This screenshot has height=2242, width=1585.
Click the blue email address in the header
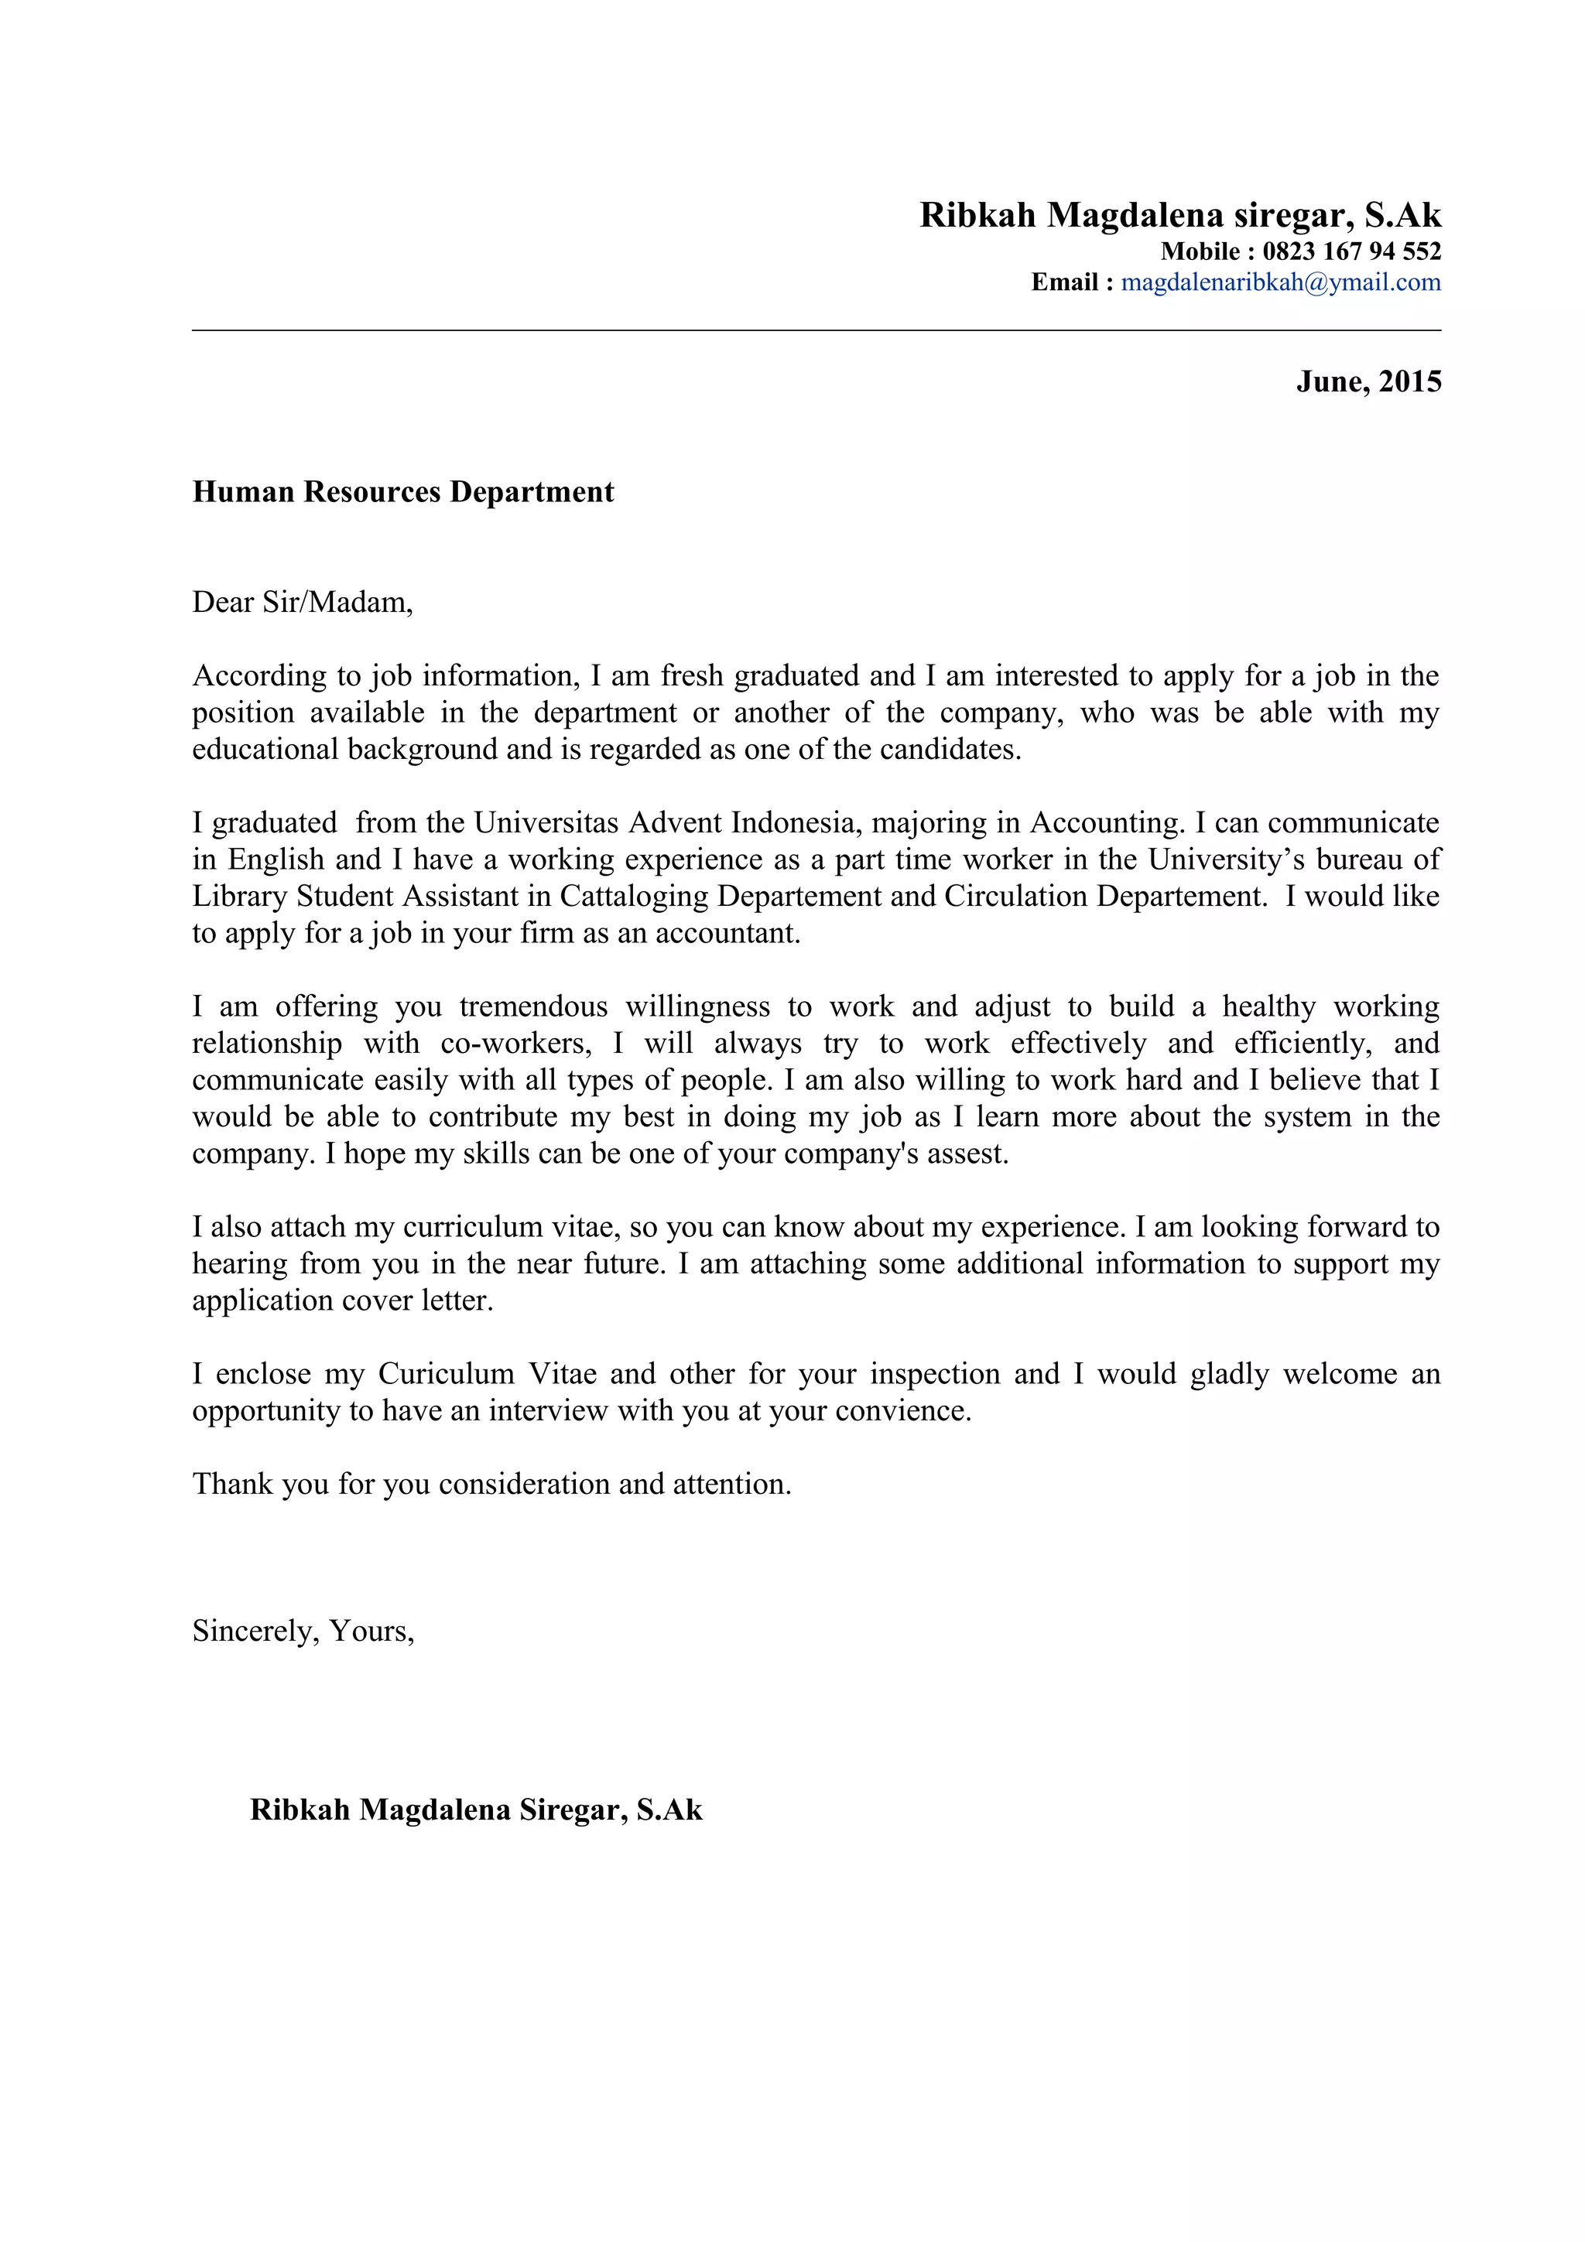pos(1280,282)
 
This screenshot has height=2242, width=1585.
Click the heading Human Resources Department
pos(403,491)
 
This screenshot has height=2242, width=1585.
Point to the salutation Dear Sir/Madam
pos(303,602)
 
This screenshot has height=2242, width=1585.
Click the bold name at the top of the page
pos(1179,215)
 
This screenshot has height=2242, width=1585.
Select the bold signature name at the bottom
pos(476,1810)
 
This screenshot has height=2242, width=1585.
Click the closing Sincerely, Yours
pos(303,1631)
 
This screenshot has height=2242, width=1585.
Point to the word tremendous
pos(533,1006)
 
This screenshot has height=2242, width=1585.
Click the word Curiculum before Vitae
pos(447,1373)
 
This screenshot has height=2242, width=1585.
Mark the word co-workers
pos(515,1043)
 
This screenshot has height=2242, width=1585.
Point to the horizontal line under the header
pos(816,331)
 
